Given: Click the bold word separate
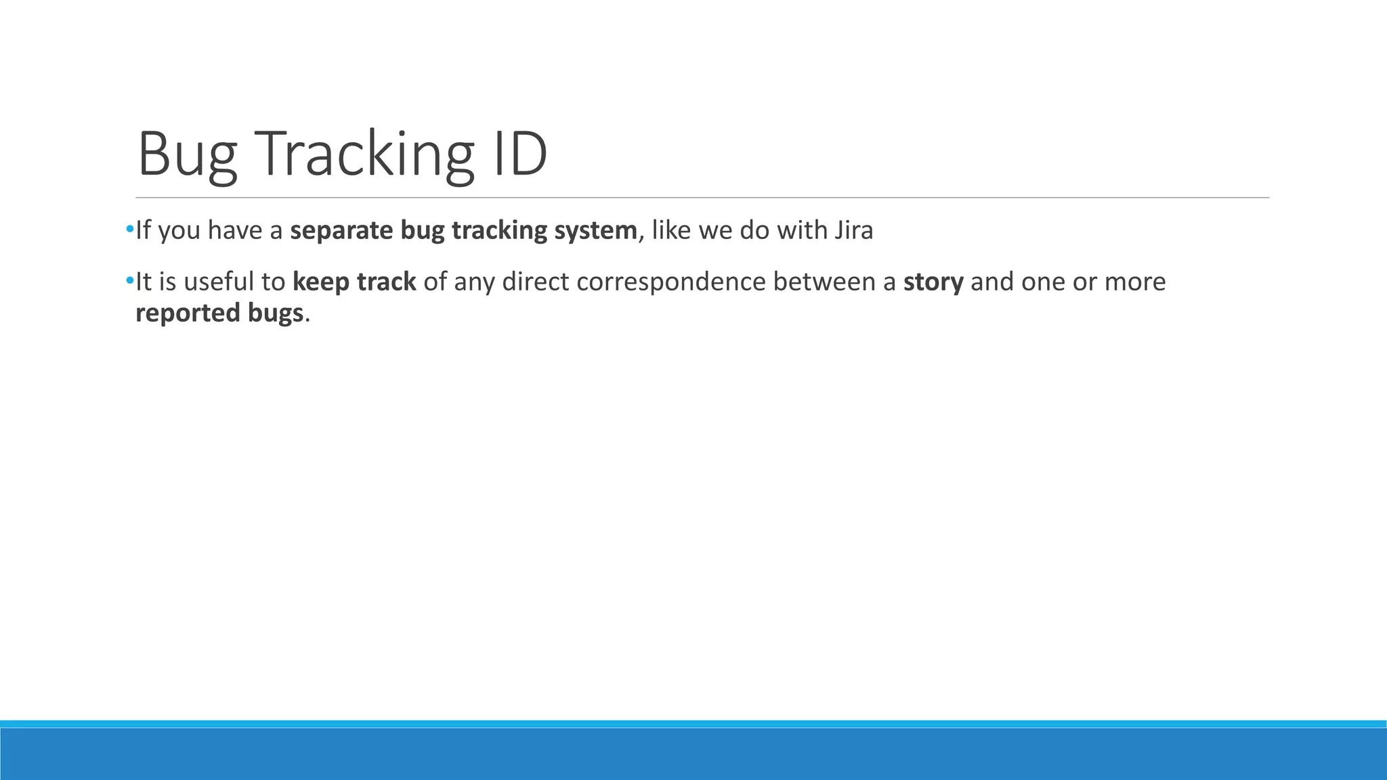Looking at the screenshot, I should [x=341, y=231].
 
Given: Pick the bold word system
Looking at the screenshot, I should [x=595, y=231].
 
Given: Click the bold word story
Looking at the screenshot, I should [x=933, y=282].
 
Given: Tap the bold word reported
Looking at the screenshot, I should [x=185, y=313].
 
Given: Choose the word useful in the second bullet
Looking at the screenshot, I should [x=215, y=282].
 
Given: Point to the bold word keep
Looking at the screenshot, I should [x=320, y=282].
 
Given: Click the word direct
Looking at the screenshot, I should [x=535, y=282].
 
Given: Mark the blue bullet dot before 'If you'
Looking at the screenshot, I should [x=129, y=230].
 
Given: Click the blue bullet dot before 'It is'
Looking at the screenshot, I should [x=129, y=280].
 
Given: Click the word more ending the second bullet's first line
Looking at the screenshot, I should [x=1135, y=282].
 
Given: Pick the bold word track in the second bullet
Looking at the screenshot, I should [x=386, y=282].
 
